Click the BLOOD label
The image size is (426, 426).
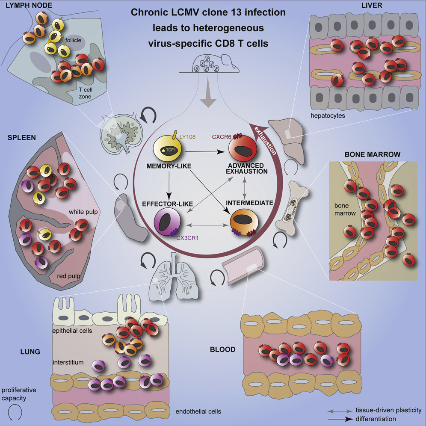[222, 349]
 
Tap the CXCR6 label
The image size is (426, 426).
[220, 137]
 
